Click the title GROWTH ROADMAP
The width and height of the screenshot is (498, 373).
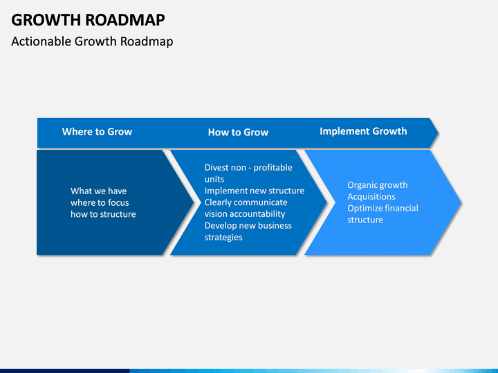click(x=88, y=20)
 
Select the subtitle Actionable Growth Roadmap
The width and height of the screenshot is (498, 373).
click(x=92, y=41)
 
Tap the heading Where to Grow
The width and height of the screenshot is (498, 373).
click(x=98, y=132)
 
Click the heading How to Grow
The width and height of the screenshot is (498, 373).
click(x=238, y=132)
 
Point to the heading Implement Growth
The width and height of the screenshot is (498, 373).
click(x=363, y=131)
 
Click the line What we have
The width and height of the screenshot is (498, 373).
click(x=99, y=191)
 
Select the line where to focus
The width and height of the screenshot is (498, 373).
click(x=100, y=202)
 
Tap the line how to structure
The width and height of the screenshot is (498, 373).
click(x=103, y=214)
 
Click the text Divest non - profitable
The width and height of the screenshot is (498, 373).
click(x=248, y=167)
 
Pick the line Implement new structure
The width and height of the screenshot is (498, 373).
click(x=255, y=191)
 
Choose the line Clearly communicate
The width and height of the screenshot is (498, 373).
click(x=246, y=202)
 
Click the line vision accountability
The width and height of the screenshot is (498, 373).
click(x=245, y=213)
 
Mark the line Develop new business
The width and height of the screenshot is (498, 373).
click(x=248, y=225)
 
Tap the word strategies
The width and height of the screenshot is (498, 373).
click(x=223, y=237)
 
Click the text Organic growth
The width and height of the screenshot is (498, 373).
click(x=378, y=185)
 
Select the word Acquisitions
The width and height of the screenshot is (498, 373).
click(x=371, y=197)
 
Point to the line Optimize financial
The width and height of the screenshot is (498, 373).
click(x=382, y=208)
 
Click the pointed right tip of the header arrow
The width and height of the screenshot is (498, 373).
click(x=438, y=133)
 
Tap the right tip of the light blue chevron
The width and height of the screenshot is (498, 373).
click(x=461, y=202)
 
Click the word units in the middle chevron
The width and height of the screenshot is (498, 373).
click(x=214, y=179)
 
